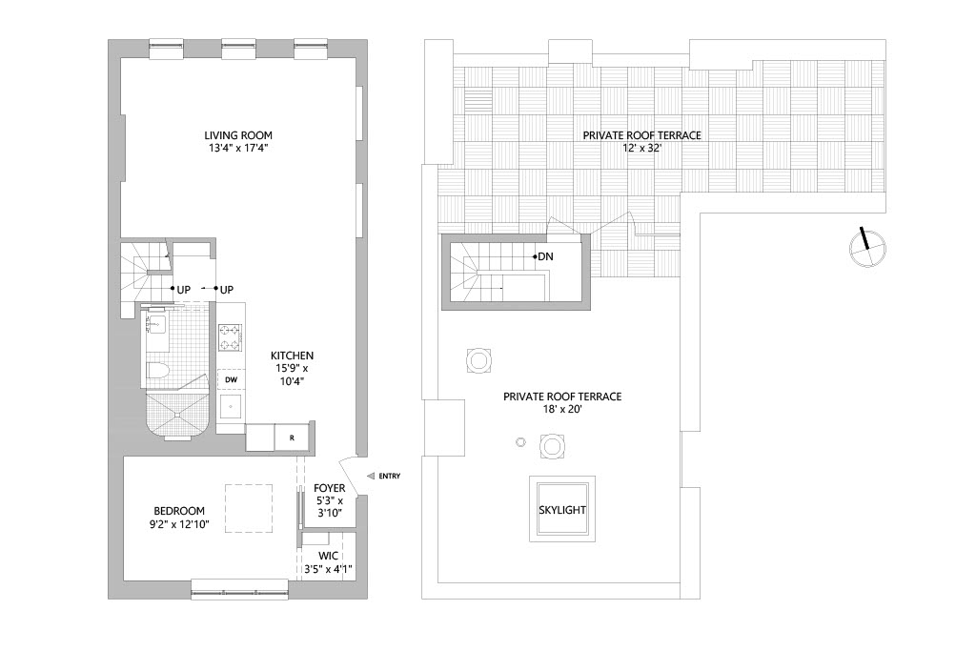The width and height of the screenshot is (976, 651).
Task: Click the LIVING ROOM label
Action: [x=240, y=134]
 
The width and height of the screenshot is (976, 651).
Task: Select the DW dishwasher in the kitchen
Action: [x=231, y=379]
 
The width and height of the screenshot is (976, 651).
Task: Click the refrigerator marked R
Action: [x=291, y=437]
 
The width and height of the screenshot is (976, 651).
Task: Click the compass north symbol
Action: [x=867, y=247]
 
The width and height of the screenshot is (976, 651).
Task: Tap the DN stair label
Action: [x=545, y=256]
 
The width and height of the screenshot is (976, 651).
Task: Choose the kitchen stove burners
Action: [x=231, y=336]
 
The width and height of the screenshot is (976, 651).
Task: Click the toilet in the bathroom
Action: [x=158, y=370]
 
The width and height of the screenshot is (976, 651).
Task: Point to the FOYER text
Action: [x=330, y=488]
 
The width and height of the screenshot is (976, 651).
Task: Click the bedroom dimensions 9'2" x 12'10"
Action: [x=180, y=523]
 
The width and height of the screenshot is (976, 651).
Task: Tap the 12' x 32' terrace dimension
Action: [x=641, y=150]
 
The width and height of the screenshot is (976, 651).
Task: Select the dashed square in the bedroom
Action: [x=249, y=508]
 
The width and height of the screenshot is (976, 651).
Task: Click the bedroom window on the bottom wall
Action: [x=239, y=589]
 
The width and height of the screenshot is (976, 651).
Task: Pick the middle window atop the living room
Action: [x=237, y=43]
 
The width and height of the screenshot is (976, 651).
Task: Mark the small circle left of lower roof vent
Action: [x=520, y=441]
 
